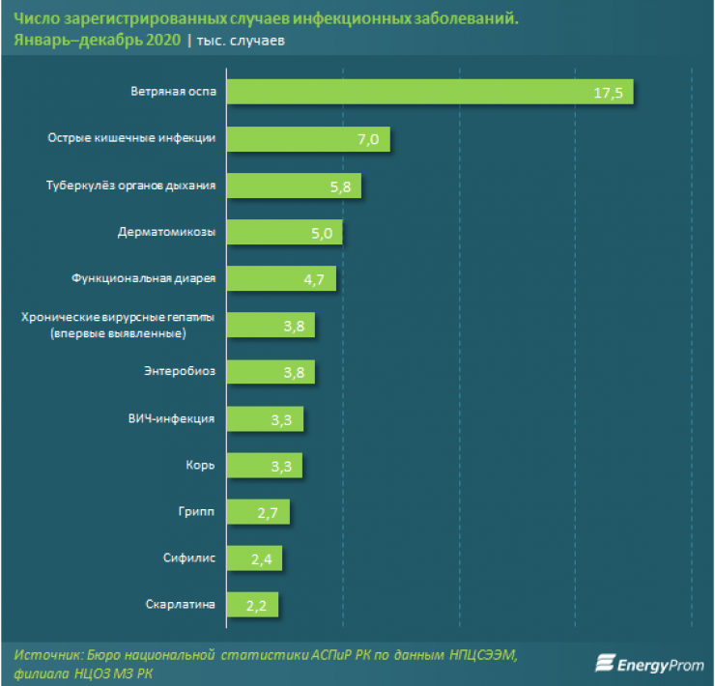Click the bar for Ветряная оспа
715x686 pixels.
pyautogui.click(x=435, y=94)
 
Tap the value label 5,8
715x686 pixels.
pyautogui.click(x=339, y=186)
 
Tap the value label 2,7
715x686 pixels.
pyautogui.click(x=268, y=512)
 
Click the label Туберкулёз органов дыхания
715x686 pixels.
pyautogui.click(x=131, y=186)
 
